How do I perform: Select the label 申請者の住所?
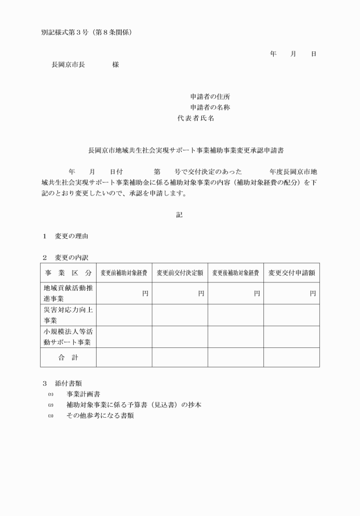[210, 97]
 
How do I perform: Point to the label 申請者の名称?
[210, 107]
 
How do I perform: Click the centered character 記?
[179, 214]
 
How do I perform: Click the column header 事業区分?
[67, 273]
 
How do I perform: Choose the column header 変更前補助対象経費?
[124, 273]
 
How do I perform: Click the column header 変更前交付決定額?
[180, 273]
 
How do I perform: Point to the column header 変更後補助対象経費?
[235, 273]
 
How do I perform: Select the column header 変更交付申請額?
[291, 273]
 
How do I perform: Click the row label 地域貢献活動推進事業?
[68, 293]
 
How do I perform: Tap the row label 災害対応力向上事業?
[68, 315]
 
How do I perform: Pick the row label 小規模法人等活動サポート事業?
[68, 337]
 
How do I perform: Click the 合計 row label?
[67, 357]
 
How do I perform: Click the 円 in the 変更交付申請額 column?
[313, 294]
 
